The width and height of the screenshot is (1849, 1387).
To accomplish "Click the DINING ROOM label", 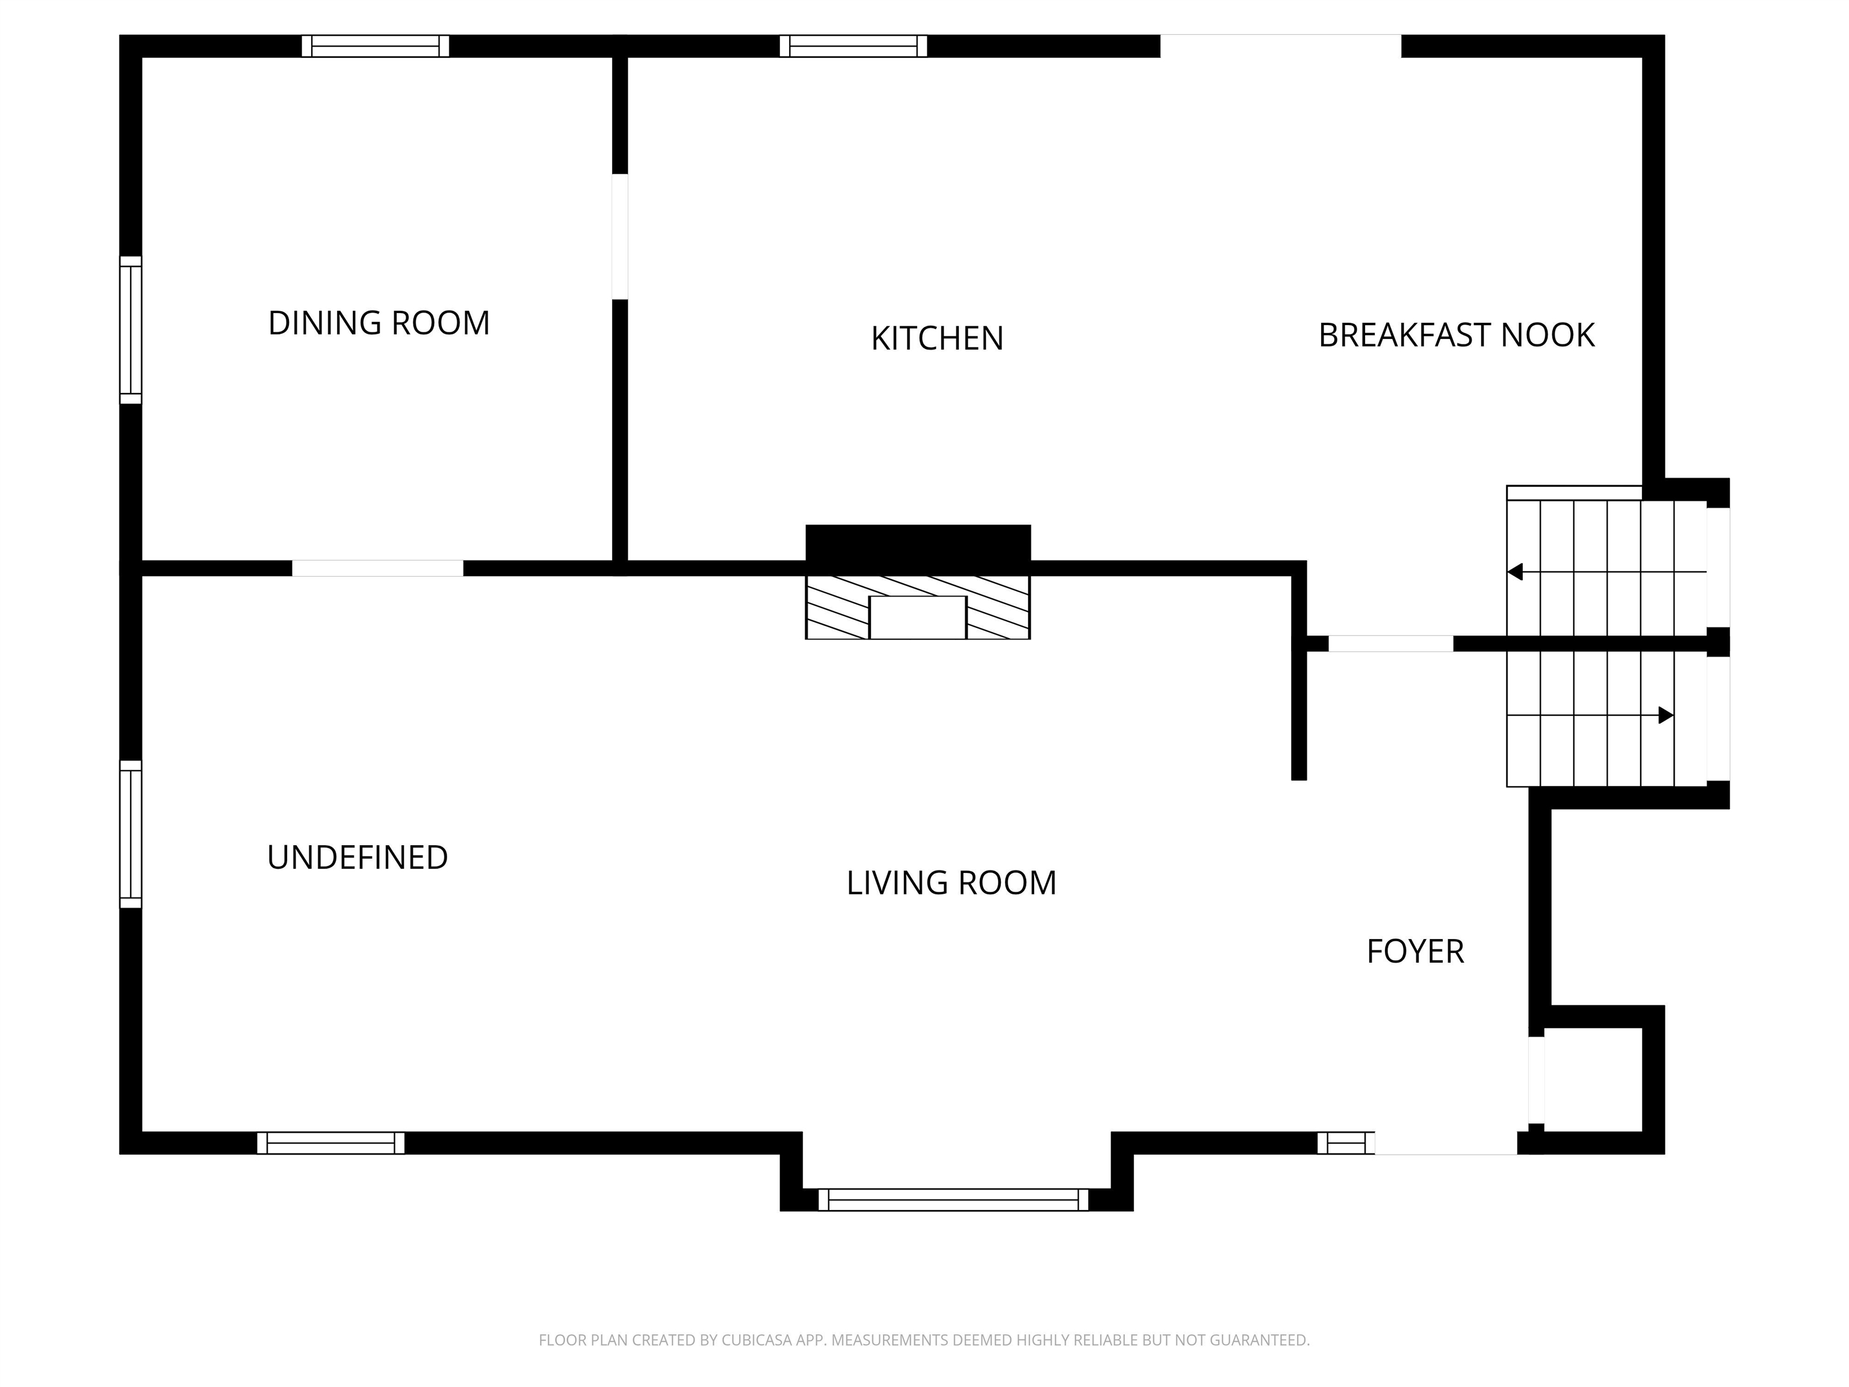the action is click(379, 323).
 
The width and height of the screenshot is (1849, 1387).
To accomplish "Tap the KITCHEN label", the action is click(937, 338).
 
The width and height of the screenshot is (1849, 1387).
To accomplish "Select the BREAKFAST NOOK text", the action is click(1456, 335).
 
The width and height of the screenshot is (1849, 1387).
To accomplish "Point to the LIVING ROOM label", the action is click(951, 883).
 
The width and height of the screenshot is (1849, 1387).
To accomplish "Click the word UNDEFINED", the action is click(357, 858).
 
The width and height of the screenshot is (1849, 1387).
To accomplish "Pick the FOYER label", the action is click(1415, 951).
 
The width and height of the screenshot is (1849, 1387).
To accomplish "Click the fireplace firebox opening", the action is click(918, 618).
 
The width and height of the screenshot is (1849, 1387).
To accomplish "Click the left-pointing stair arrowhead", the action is click(1514, 572).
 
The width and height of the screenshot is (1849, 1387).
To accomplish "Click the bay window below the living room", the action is click(953, 1200).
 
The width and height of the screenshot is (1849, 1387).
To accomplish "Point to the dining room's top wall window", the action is click(376, 46).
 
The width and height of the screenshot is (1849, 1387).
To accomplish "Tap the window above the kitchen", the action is click(853, 46).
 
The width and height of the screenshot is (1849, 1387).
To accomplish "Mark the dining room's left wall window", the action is click(131, 330).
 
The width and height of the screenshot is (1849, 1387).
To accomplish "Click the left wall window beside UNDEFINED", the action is click(131, 834).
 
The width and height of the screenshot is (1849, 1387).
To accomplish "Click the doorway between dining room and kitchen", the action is click(620, 237).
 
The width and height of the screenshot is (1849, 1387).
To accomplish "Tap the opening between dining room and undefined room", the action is click(378, 568).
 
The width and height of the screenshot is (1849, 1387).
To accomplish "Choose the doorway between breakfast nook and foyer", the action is click(1391, 644).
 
